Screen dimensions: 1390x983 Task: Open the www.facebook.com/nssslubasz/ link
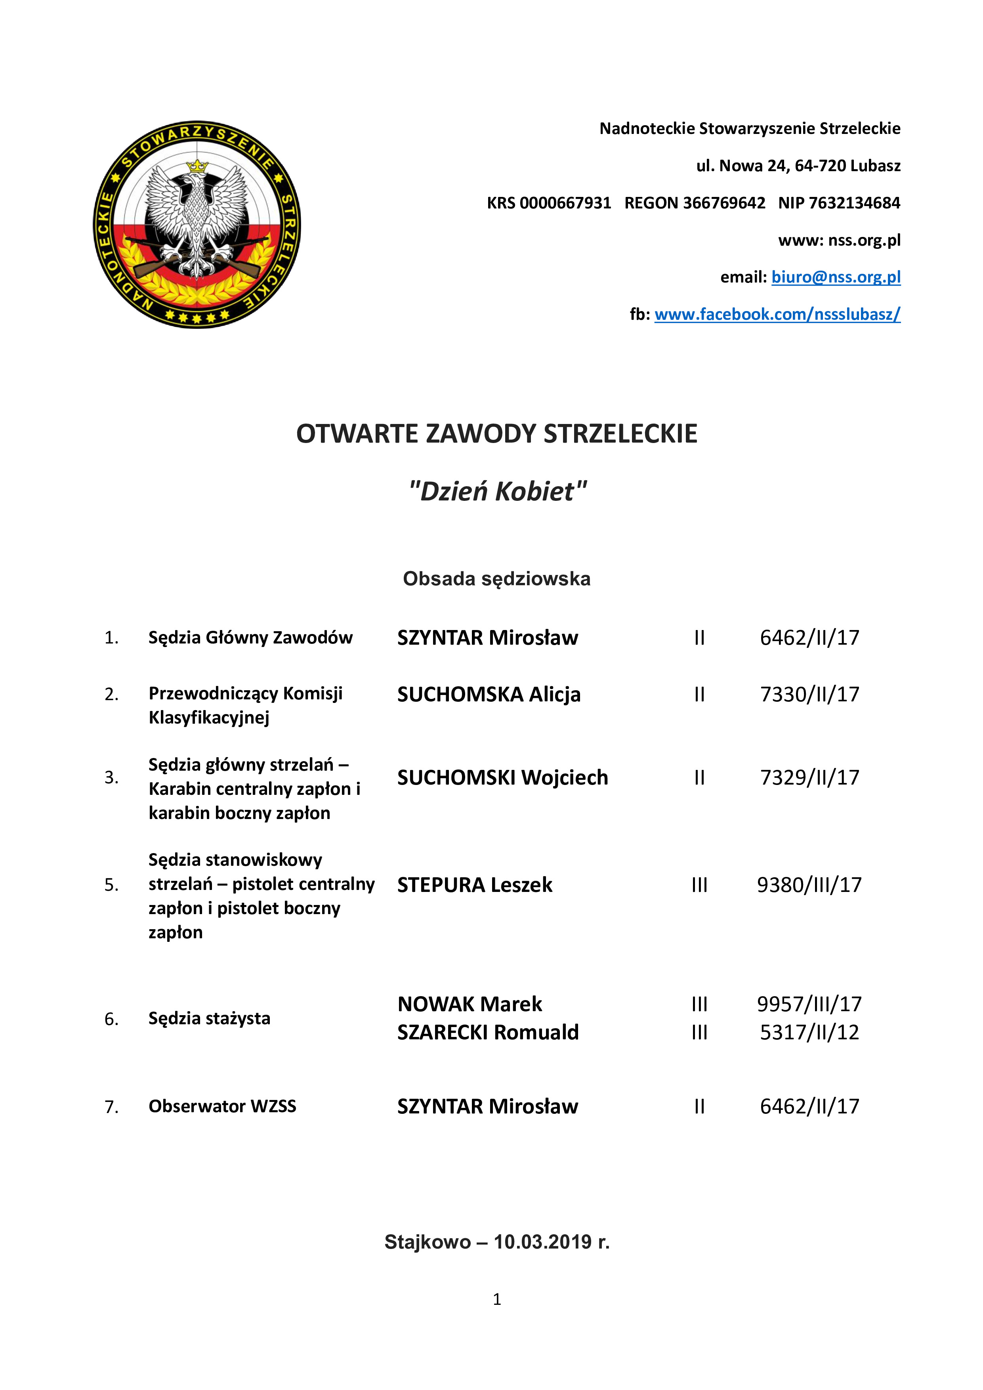(x=777, y=314)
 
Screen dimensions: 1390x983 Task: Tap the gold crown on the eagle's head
(x=197, y=165)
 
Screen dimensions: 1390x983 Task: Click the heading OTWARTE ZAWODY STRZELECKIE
(x=496, y=433)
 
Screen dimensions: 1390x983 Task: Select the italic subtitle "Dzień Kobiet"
(x=498, y=491)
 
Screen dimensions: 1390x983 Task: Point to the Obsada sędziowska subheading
(x=496, y=579)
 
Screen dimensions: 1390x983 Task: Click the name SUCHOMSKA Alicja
(x=489, y=694)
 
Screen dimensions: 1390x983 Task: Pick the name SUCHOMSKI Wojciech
(x=502, y=777)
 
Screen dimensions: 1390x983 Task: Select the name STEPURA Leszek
(x=475, y=885)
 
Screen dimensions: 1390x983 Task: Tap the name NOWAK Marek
(x=470, y=1004)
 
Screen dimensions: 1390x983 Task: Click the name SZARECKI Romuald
(x=488, y=1032)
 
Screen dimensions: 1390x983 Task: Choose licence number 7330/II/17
(x=809, y=694)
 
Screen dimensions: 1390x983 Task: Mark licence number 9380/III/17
(x=809, y=885)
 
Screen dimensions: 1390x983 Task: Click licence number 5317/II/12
(x=809, y=1032)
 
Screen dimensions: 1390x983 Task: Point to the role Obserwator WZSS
(x=222, y=1107)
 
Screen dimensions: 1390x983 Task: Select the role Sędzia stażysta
(x=210, y=1018)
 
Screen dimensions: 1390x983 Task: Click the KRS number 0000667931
(x=565, y=203)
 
